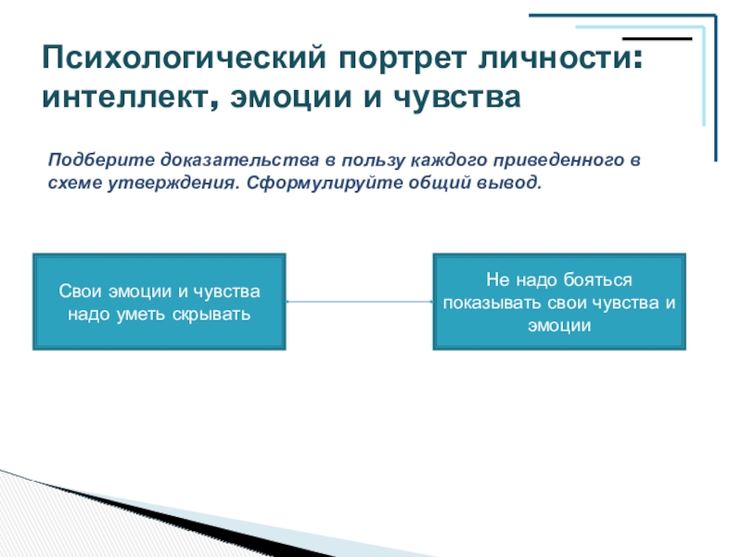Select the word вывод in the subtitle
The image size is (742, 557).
(508, 181)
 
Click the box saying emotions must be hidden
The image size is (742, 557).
(160, 303)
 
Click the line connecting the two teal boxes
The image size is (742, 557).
(360, 301)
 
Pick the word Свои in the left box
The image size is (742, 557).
(77, 291)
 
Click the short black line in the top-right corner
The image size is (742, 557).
(658, 39)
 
